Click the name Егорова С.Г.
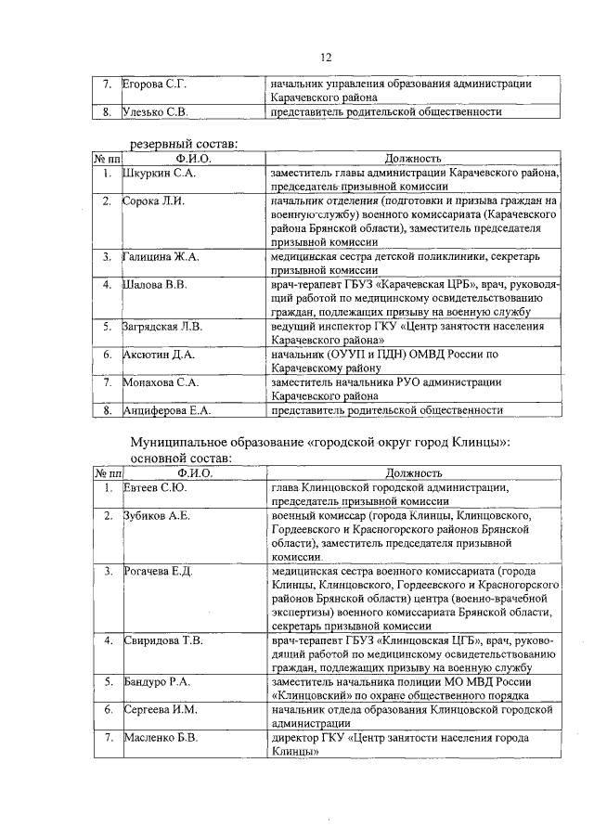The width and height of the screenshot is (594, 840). coord(155,84)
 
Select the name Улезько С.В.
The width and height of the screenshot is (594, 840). coord(156,112)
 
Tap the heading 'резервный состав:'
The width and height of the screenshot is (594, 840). coord(183,143)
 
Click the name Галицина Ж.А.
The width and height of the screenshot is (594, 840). coord(161,256)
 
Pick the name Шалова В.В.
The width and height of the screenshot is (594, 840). coord(155,284)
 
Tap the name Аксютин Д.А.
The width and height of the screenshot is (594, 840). coord(159,354)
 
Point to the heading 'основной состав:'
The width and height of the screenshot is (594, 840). coord(181,458)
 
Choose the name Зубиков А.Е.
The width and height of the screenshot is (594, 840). coord(156,515)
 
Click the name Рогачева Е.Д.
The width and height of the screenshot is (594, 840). coord(158,571)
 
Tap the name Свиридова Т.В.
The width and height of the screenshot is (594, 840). coord(162,640)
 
